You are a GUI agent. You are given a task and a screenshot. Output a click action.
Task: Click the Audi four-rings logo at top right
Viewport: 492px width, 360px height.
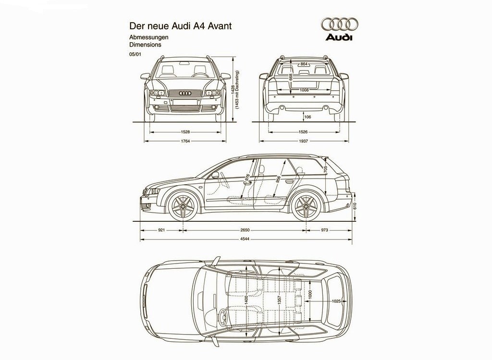tap(339, 24)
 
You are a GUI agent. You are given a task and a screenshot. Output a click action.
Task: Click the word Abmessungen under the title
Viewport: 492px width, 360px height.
tap(149, 37)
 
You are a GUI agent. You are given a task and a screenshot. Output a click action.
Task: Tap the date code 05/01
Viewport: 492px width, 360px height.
tap(135, 54)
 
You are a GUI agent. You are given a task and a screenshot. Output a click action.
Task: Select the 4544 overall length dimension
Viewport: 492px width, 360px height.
tap(245, 239)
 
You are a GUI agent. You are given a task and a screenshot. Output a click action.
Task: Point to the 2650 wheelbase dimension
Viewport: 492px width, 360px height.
tap(245, 230)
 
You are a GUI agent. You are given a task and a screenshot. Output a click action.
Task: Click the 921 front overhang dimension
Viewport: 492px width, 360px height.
tap(161, 230)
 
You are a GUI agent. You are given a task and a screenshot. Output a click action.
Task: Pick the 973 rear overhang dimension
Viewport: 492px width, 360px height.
tap(324, 230)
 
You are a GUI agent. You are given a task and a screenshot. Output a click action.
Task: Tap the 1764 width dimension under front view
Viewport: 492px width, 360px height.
tap(185, 141)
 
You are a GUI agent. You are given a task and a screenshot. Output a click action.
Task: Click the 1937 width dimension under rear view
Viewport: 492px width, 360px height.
tap(304, 141)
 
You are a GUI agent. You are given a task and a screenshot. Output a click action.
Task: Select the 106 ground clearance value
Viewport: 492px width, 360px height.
tap(307, 117)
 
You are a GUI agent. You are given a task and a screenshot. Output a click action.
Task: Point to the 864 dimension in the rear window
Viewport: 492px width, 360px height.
tap(304, 64)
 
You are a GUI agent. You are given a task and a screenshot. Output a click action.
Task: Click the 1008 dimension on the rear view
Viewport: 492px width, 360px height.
tap(304, 90)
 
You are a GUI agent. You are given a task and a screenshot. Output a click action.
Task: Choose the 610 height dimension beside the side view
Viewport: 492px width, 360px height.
tap(355, 206)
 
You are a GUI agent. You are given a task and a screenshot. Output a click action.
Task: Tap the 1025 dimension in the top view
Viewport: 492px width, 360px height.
tap(336, 301)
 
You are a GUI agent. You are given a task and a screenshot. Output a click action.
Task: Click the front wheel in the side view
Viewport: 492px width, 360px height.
tap(183, 206)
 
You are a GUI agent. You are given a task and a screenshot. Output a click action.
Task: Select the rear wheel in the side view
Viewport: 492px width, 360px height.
tap(306, 206)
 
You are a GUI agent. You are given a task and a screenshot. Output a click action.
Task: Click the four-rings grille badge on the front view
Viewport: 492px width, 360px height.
tap(185, 93)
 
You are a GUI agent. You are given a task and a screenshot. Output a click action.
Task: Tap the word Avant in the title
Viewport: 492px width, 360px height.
tap(220, 25)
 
